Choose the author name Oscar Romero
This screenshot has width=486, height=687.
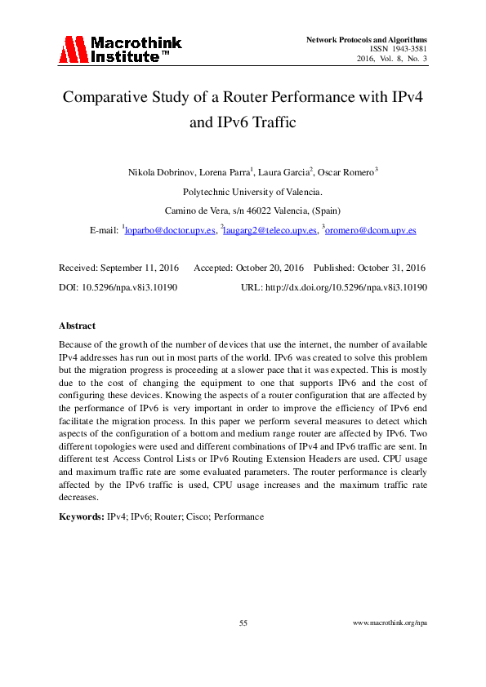[x=343, y=172]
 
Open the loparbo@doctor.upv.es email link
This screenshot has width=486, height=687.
[x=170, y=231]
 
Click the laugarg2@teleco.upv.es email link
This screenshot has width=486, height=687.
[x=270, y=231]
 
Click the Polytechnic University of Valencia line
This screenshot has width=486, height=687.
[x=242, y=192]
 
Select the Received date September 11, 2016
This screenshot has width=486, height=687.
[x=142, y=268]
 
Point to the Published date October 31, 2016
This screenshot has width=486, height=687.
[x=383, y=268]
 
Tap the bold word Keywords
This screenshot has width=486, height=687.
[x=81, y=516]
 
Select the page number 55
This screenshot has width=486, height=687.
[x=243, y=623]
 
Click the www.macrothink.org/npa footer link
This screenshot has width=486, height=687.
[x=390, y=623]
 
